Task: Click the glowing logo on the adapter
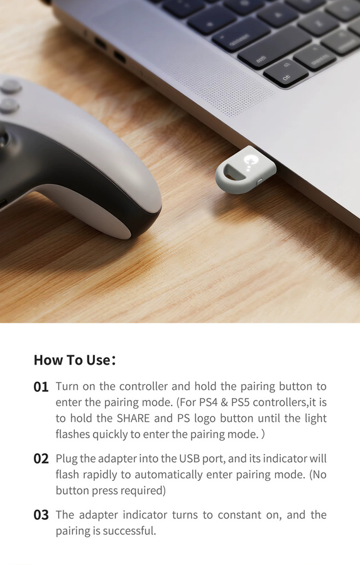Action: (x=249, y=160)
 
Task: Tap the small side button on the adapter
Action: (x=260, y=181)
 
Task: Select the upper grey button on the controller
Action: (x=10, y=87)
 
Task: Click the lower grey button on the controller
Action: (x=9, y=105)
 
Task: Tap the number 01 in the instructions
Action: (x=41, y=387)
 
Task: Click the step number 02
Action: (x=41, y=459)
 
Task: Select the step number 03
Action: (x=41, y=515)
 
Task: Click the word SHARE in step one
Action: (x=133, y=418)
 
